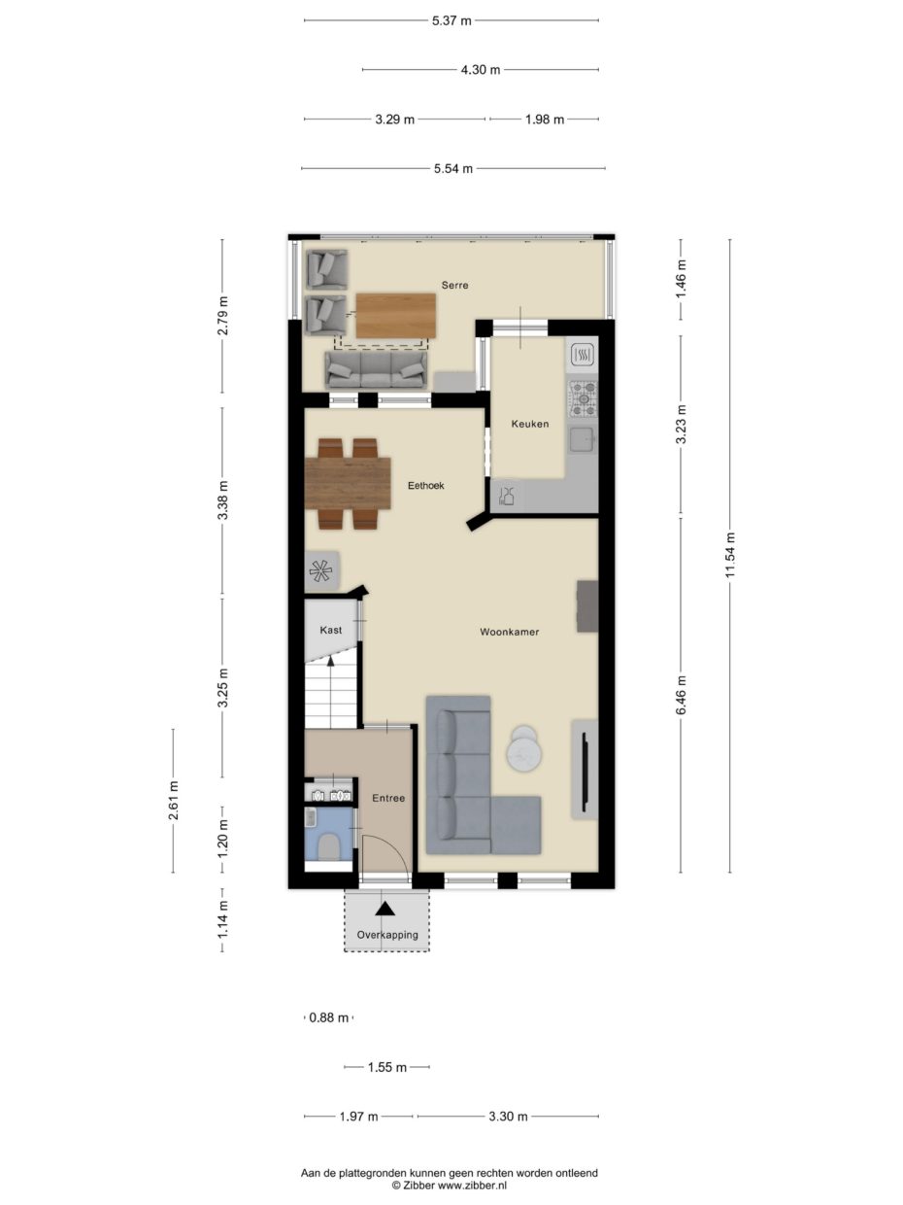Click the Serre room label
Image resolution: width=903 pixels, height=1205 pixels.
pyautogui.click(x=454, y=285)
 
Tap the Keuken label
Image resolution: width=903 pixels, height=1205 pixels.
pyautogui.click(x=530, y=424)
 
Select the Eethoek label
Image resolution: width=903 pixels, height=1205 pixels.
pyautogui.click(x=425, y=486)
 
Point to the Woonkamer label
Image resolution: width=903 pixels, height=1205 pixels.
pyautogui.click(x=509, y=632)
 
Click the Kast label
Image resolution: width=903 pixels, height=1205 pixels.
pyautogui.click(x=331, y=630)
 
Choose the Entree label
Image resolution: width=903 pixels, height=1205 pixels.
pyautogui.click(x=388, y=798)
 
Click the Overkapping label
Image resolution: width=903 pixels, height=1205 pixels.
pyautogui.click(x=386, y=935)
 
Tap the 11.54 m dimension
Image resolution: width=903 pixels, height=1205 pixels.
pyautogui.click(x=730, y=555)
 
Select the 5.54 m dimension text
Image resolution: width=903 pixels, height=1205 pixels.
pyautogui.click(x=453, y=168)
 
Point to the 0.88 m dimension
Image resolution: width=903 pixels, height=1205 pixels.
pyautogui.click(x=328, y=1017)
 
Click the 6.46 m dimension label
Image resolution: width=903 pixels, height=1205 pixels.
pyautogui.click(x=682, y=695)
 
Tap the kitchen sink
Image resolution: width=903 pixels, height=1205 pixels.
pyautogui.click(x=582, y=440)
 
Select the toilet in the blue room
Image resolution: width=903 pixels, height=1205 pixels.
pyautogui.click(x=328, y=845)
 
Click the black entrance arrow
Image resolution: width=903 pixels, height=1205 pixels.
pyautogui.click(x=385, y=908)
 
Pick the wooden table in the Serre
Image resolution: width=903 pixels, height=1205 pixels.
pyautogui.click(x=395, y=316)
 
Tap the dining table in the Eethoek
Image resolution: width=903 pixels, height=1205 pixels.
pyautogui.click(x=348, y=483)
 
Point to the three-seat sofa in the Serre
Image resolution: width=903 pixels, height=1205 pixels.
pyautogui.click(x=375, y=368)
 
